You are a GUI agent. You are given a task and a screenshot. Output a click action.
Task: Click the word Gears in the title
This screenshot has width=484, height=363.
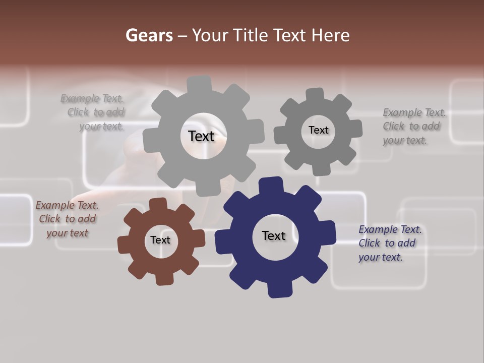tap(149, 35)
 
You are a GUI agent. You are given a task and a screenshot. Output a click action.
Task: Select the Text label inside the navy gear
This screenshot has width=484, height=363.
tap(274, 236)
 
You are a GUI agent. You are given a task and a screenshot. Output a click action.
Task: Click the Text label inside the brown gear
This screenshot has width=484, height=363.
tap(160, 240)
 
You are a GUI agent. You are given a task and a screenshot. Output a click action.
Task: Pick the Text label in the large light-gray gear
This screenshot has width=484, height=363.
tap(201, 136)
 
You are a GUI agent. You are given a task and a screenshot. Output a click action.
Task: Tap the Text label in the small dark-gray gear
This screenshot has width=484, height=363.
tap(318, 130)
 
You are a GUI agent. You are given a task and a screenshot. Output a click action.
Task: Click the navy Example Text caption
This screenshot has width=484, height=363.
tap(390, 243)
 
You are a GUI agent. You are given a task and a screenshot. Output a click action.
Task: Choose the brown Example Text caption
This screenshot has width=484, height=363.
tap(67, 219)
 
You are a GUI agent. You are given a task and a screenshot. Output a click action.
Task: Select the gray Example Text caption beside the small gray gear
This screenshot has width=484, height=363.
tap(414, 127)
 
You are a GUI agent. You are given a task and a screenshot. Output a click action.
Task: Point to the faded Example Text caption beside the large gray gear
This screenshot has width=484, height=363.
tap(94, 112)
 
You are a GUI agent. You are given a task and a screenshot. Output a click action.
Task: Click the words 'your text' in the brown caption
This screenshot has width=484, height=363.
tap(67, 233)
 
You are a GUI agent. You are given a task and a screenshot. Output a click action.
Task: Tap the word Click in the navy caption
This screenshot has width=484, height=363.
tap(369, 243)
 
